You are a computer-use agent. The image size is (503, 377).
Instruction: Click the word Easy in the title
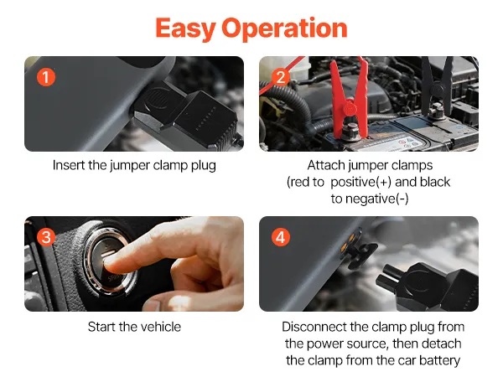pos(184,28)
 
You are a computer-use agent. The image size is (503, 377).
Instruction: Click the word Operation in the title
pos(284,28)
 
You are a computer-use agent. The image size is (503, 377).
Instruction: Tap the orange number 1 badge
pos(46,77)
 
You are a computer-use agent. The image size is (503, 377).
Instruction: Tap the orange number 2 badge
pos(281,77)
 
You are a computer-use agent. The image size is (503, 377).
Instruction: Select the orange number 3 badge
pos(46,237)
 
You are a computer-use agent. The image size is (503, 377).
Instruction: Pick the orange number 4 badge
pos(281,237)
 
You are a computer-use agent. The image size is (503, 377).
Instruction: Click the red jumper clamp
pos(350,100)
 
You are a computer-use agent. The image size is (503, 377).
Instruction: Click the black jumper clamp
pos(438,86)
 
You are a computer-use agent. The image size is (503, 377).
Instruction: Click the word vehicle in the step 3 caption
pos(161,327)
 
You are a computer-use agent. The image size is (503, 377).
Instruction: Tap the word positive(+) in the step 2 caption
pos(360,182)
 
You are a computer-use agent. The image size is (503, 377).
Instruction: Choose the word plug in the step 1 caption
pos(204,166)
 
